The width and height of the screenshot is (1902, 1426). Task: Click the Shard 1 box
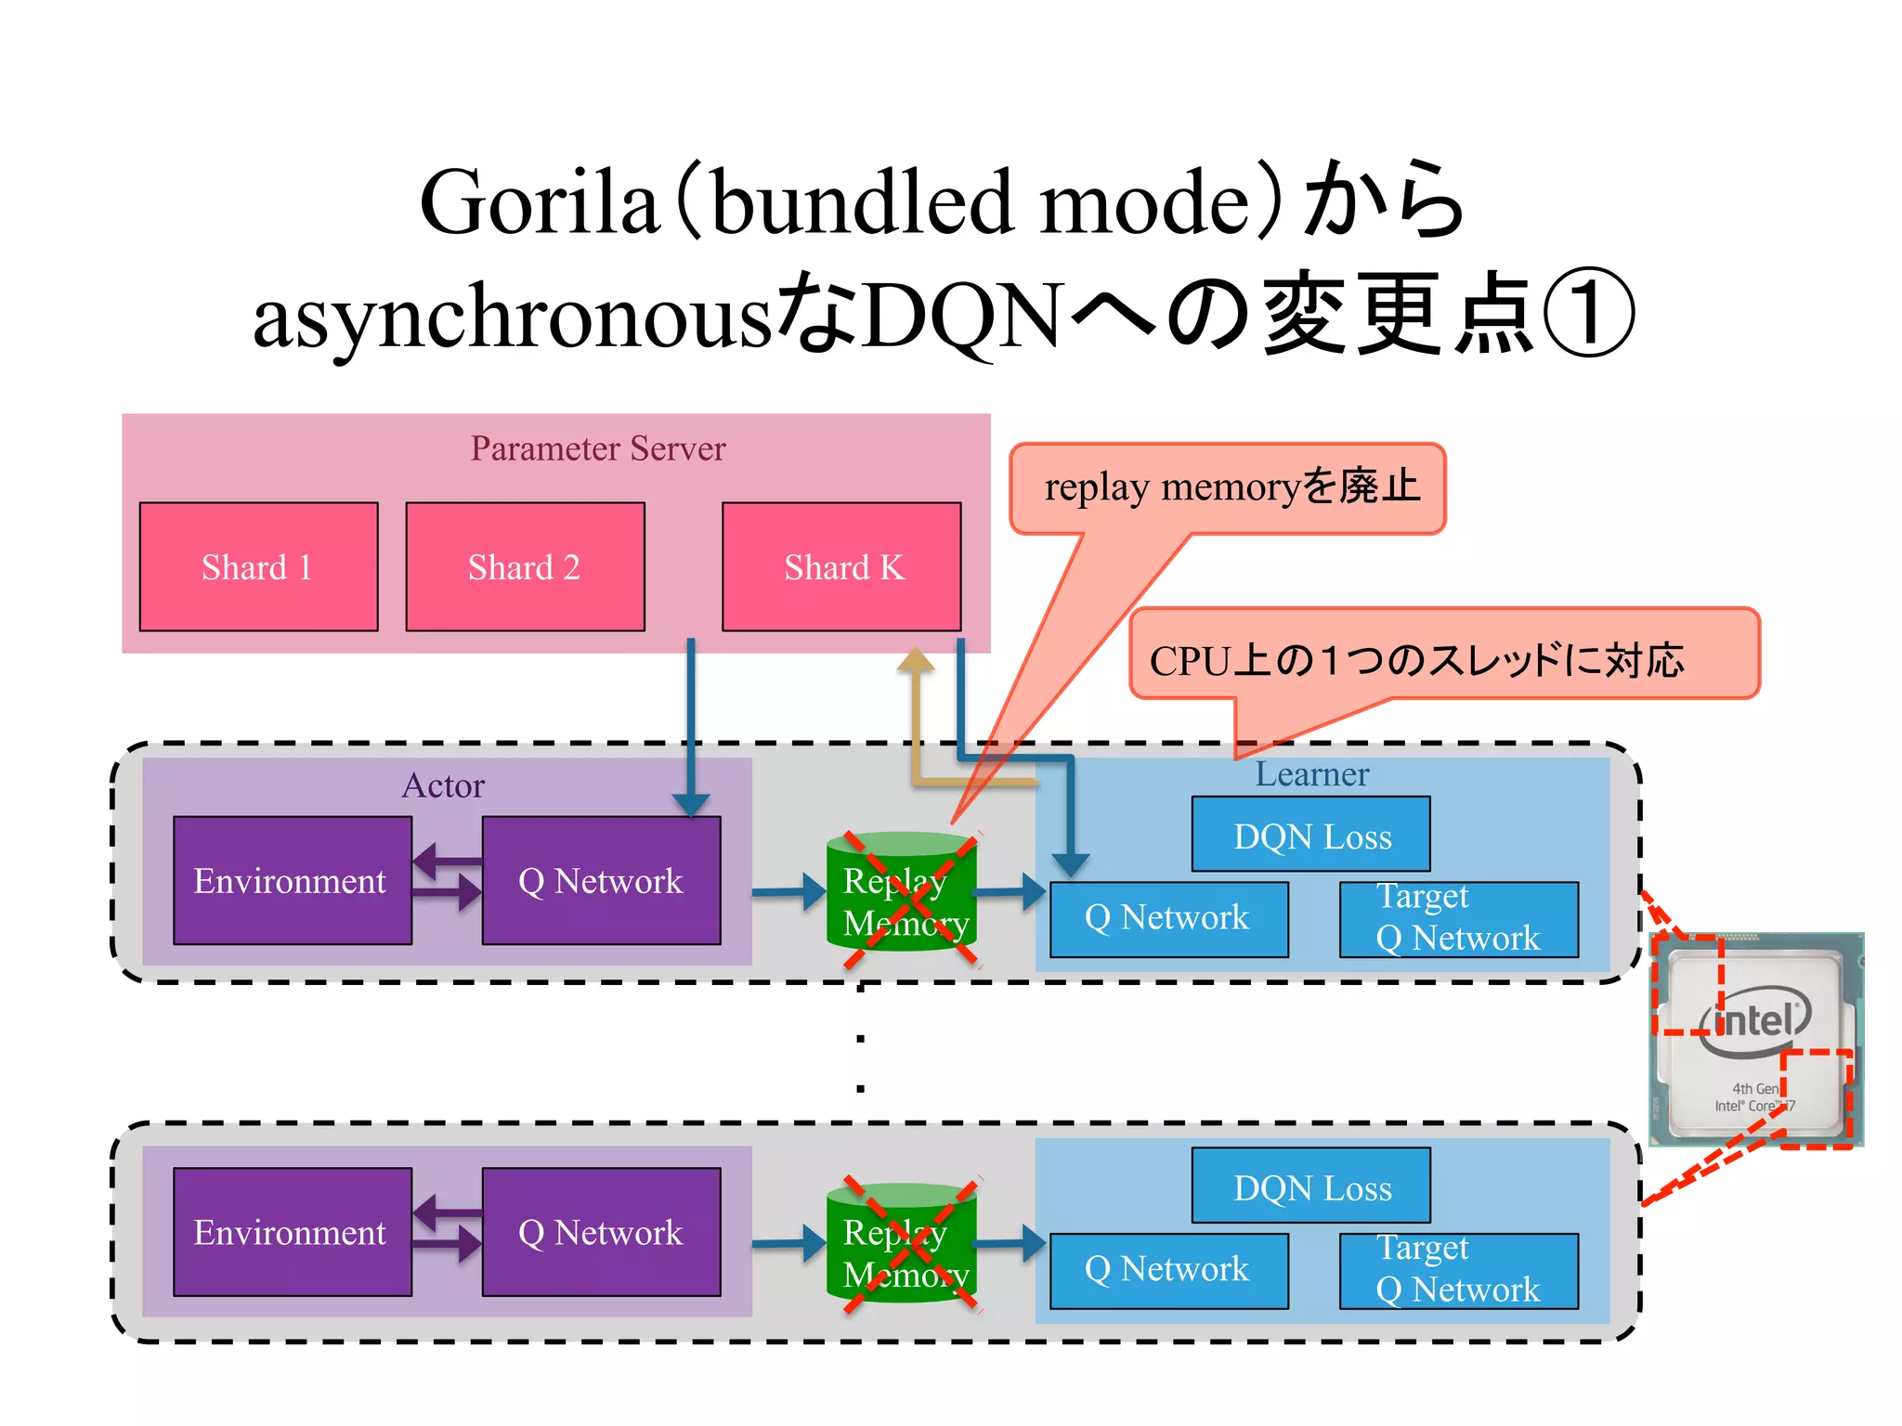(x=258, y=566)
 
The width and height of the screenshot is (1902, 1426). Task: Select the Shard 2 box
(x=525, y=566)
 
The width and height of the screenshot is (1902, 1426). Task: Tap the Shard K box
(x=841, y=566)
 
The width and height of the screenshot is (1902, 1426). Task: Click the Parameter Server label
(x=597, y=448)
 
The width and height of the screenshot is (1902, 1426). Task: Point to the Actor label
(x=443, y=785)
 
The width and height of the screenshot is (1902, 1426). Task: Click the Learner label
(x=1311, y=774)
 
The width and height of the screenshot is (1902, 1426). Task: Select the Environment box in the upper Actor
(x=292, y=880)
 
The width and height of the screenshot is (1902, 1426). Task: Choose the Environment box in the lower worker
(x=292, y=1232)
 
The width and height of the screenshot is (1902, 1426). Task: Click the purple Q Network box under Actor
(x=601, y=880)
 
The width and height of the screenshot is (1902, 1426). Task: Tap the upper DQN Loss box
(x=1311, y=835)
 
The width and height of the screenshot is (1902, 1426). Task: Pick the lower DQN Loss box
(x=1311, y=1186)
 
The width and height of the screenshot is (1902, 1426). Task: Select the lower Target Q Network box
(x=1458, y=1270)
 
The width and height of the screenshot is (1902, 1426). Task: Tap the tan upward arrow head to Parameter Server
(x=916, y=660)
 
